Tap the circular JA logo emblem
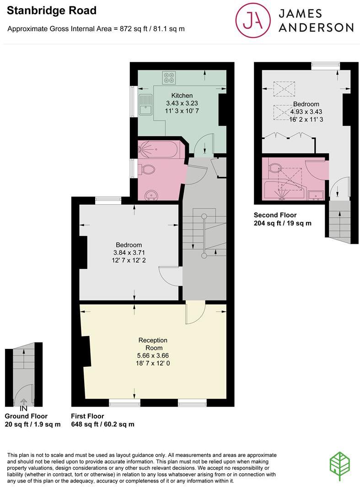click(252, 21)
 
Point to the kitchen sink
click(146, 104)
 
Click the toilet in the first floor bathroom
click(146, 169)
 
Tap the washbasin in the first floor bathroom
click(151, 196)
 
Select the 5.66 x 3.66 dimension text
click(153, 355)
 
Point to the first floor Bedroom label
click(129, 245)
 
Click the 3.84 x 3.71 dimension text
click(129, 252)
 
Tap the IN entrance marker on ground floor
click(23, 408)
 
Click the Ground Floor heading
click(26, 416)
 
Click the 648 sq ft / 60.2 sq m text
click(102, 424)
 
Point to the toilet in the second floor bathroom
click(275, 167)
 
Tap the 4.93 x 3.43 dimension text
click(306, 112)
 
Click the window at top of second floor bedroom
click(326, 66)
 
